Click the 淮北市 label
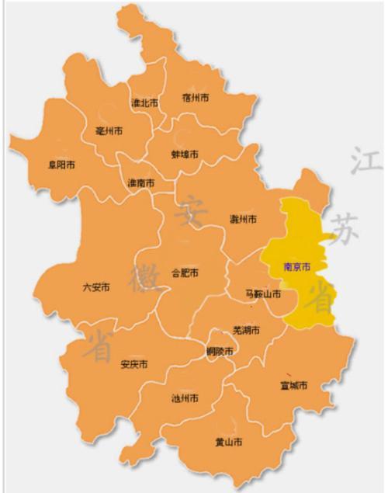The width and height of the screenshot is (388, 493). click(x=144, y=102)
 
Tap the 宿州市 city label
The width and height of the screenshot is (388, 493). click(x=196, y=98)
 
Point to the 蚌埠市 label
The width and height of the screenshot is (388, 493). click(x=185, y=154)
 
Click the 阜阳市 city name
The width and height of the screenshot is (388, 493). click(x=61, y=165)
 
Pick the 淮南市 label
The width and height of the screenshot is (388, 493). click(x=140, y=183)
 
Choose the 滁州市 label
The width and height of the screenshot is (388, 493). click(x=243, y=219)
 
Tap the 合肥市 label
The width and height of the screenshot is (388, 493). click(x=185, y=273)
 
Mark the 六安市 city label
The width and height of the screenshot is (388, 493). click(x=96, y=287)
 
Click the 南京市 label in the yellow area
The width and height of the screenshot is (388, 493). click(x=296, y=266)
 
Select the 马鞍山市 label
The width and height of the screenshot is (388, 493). click(x=262, y=294)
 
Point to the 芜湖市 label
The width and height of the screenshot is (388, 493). click(x=246, y=331)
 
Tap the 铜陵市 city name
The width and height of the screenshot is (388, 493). click(x=220, y=352)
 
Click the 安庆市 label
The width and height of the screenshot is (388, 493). click(x=134, y=364)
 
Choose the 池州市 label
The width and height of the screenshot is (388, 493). click(x=184, y=398)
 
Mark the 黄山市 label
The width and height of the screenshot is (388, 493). click(x=228, y=442)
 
